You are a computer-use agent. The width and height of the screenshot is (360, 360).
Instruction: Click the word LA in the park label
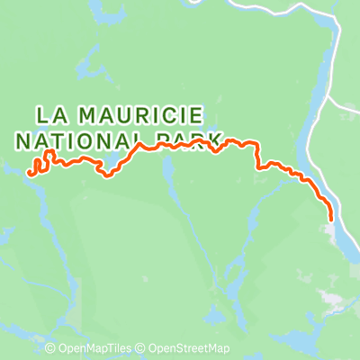click(x=50, y=115)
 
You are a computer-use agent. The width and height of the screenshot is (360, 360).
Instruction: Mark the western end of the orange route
click(x=31, y=171)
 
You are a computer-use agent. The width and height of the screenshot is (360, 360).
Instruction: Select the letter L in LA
click(x=41, y=115)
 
